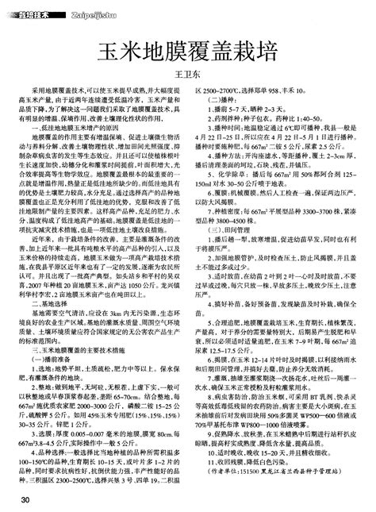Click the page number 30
tap(26, 499)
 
